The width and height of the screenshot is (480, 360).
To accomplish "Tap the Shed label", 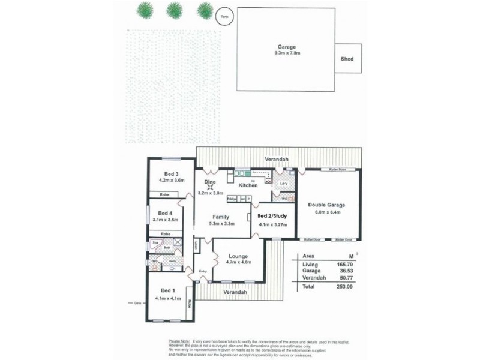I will coord(347,59).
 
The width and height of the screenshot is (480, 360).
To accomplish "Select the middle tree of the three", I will coord(174,10).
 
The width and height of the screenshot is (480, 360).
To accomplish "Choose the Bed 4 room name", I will coord(165,213).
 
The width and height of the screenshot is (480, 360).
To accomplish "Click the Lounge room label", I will coord(238,256).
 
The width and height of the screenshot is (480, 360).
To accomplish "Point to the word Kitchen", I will coord(248,185).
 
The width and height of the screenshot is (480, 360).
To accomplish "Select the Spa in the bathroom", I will coord(155,242).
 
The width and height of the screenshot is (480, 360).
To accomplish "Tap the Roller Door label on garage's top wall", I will coord(337,170).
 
